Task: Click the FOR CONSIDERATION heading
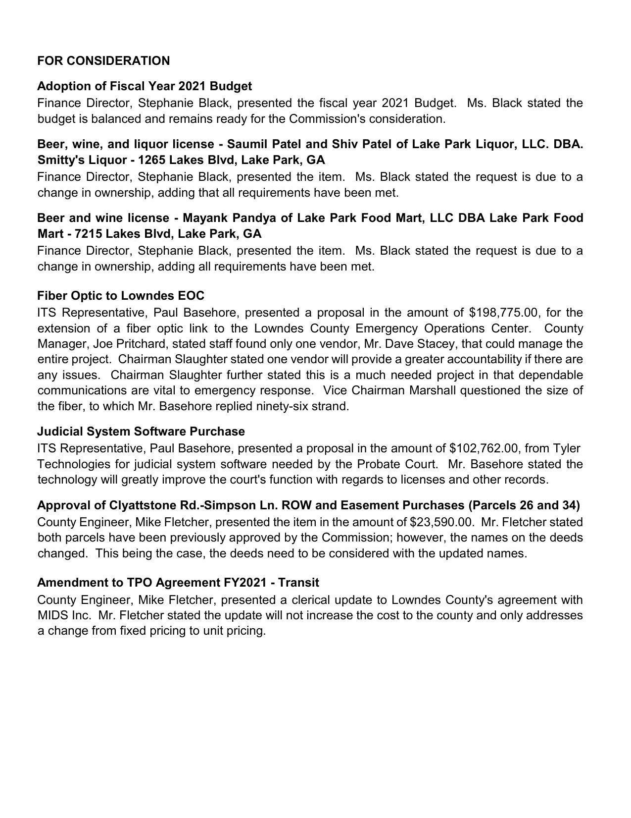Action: click(103, 61)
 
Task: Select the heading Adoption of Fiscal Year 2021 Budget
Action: click(145, 86)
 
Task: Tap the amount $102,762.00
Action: click(484, 448)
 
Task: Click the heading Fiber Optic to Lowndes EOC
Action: click(121, 296)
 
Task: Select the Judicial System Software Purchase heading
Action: click(141, 432)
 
